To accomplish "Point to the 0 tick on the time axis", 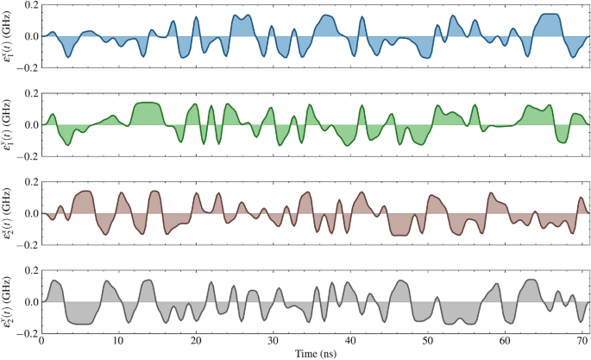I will click(x=42, y=341).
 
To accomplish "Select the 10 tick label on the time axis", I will click(x=119, y=341).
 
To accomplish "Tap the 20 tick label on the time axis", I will click(x=196, y=341).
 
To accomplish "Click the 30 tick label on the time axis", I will click(x=273, y=341).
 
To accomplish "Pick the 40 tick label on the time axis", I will click(x=350, y=341).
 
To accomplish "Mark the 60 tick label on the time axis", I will click(x=505, y=341).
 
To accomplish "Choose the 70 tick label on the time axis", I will click(x=582, y=341).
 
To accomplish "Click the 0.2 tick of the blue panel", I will click(x=28, y=5).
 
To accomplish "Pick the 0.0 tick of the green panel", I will click(x=28, y=125).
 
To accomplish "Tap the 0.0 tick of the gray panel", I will click(x=28, y=302).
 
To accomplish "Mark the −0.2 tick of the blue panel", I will click(x=26, y=67).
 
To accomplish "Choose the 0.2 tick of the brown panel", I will click(x=28, y=182).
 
